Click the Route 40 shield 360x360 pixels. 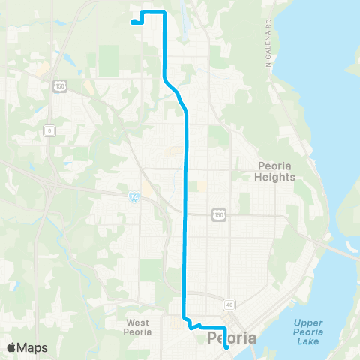pyautogui.click(x=229, y=304)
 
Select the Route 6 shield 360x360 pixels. pyautogui.click(x=49, y=131)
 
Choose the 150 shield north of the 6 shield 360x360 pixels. pyautogui.click(x=58, y=88)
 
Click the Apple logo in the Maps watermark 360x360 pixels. pyautogui.click(x=13, y=347)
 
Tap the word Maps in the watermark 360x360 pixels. pyautogui.click(x=33, y=347)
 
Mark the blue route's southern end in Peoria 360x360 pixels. pyautogui.click(x=226, y=348)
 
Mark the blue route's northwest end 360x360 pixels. pyautogui.click(x=133, y=22)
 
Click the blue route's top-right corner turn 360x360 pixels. pyautogui.click(x=164, y=13)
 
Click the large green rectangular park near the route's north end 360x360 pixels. pyautogui.click(x=109, y=59)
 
